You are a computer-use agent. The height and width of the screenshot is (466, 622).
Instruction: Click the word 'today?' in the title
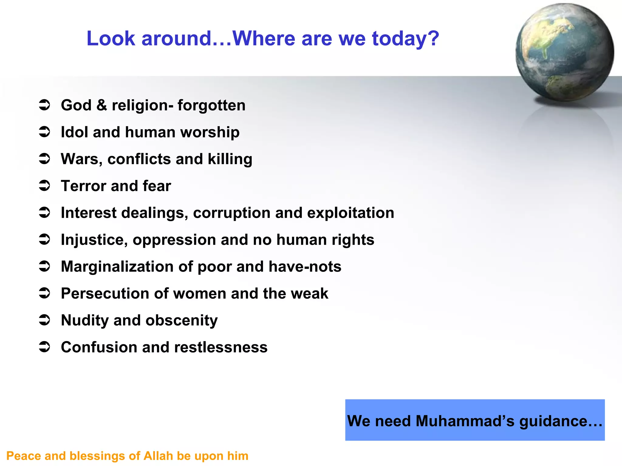coord(405,39)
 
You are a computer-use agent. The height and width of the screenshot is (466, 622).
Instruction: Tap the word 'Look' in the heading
coord(111,39)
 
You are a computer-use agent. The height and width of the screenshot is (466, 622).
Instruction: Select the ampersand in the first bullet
coord(102,105)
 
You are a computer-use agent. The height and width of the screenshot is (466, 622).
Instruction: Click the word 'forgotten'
coord(211,105)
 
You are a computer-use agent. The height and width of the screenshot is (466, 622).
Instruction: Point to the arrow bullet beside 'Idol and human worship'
coord(45,132)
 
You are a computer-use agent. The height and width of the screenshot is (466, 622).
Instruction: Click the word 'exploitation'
coord(350,213)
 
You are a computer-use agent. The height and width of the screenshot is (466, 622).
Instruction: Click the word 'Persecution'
coord(105,293)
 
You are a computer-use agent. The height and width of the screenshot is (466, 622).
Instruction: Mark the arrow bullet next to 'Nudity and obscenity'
coord(45,320)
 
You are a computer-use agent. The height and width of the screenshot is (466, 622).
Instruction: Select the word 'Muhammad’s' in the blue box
coord(465,421)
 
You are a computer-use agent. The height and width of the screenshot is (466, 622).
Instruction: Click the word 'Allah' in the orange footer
coord(158,456)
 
